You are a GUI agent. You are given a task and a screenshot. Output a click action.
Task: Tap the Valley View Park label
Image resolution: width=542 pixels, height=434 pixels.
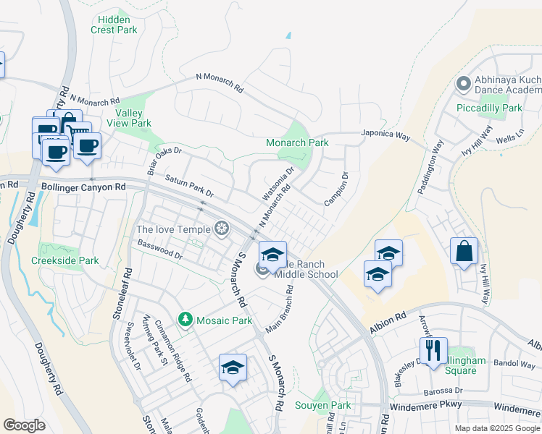pyautogui.click(x=134, y=117)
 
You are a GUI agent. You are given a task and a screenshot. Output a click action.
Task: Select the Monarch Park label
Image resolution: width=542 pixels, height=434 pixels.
pyautogui.click(x=298, y=143)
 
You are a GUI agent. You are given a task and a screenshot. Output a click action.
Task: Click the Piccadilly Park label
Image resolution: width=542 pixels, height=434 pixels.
pyautogui.click(x=490, y=108)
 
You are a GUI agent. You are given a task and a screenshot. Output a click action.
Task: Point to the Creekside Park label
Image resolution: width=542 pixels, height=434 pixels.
pyautogui.click(x=65, y=260)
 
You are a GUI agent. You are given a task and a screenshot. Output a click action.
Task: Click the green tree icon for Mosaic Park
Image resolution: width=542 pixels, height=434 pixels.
pyautogui.click(x=185, y=319)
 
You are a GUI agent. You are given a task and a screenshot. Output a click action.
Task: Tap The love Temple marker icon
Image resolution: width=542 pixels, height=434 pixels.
pyautogui.click(x=222, y=230)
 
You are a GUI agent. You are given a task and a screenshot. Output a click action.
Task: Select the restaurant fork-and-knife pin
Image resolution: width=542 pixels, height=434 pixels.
pyautogui.click(x=433, y=350)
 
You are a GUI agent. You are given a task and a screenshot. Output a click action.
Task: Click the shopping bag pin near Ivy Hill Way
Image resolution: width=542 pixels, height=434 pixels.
pyautogui.click(x=464, y=251)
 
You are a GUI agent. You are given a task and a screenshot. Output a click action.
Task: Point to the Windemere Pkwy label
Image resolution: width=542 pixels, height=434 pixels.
pyautogui.click(x=425, y=408)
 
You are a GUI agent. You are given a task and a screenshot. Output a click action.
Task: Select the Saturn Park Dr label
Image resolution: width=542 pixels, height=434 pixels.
pyautogui.click(x=189, y=186)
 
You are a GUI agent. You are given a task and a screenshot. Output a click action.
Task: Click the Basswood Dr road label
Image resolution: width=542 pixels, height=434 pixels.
pyautogui.click(x=159, y=249)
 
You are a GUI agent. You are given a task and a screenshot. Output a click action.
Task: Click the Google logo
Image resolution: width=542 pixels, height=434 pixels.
pyautogui.click(x=25, y=425)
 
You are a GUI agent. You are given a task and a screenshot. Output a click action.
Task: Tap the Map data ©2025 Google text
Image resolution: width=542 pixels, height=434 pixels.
pyautogui.click(x=496, y=428)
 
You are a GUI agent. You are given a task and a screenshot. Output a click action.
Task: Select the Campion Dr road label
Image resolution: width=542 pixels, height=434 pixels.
pyautogui.click(x=336, y=188)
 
